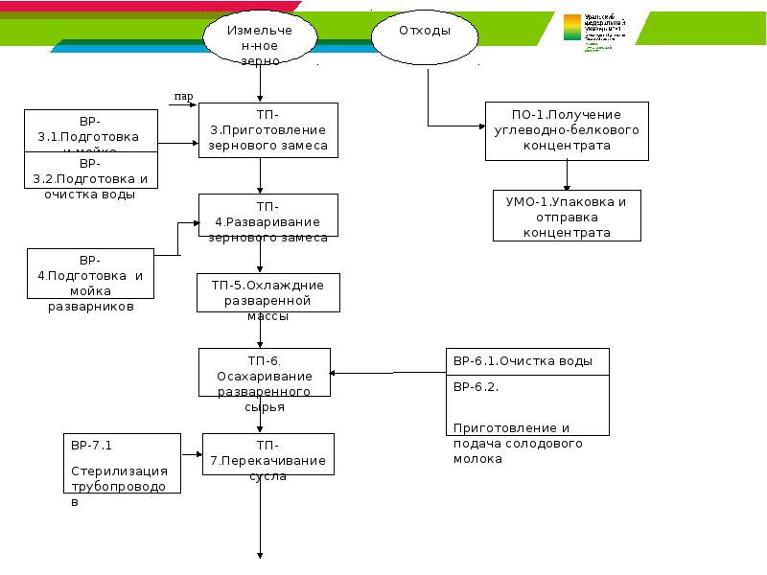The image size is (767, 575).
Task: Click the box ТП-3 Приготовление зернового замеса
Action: click(268, 129)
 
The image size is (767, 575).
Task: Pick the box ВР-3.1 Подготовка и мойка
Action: click(90, 131)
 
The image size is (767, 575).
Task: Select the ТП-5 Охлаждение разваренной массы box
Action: click(268, 292)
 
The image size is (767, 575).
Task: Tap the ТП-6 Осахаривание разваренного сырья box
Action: click(264, 372)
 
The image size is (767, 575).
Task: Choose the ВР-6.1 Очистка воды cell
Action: click(526, 361)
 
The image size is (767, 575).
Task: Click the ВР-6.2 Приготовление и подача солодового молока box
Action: click(526, 406)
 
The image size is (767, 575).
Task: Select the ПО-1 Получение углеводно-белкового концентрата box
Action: click(567, 130)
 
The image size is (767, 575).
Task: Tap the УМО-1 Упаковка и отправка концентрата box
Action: click(567, 216)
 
